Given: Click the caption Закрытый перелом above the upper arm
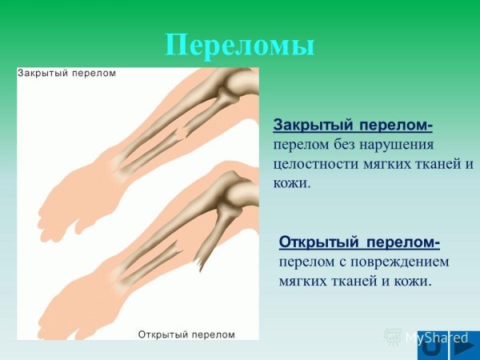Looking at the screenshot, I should point(67,73).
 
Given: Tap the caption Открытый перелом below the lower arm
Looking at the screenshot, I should point(187,333).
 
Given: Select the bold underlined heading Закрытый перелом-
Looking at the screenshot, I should point(353,126).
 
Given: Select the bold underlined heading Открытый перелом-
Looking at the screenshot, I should point(359,242).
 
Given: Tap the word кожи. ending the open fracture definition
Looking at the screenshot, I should point(413,281).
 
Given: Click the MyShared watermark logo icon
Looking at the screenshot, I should point(393,336).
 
